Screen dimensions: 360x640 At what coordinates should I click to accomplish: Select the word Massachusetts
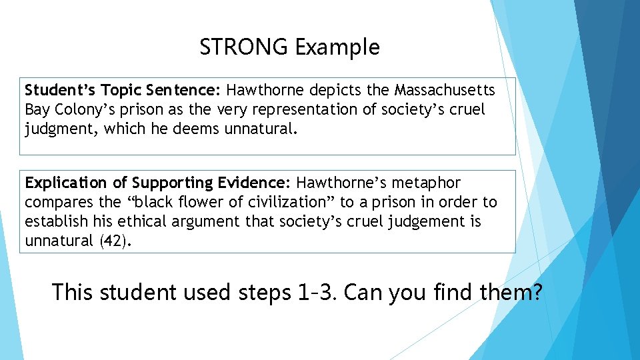pyautogui.click(x=445, y=89)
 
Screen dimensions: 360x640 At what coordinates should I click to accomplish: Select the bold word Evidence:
pyautogui.click(x=257, y=183)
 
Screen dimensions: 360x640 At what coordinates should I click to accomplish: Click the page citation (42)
pyautogui.click(x=115, y=241)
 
